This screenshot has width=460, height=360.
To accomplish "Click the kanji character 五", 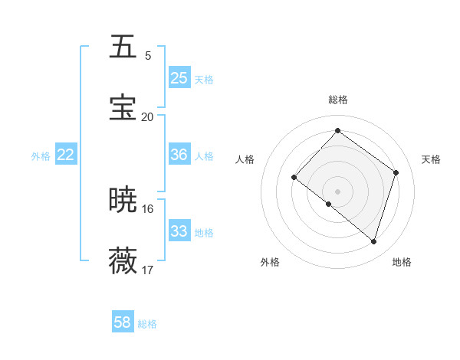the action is pyautogui.click(x=124, y=47).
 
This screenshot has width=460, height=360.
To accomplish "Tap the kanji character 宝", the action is pyautogui.click(x=124, y=108).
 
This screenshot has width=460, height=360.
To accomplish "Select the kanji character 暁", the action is pyautogui.click(x=124, y=201).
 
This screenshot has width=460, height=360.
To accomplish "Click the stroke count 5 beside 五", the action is pyautogui.click(x=148, y=56).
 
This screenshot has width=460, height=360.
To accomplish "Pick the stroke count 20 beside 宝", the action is pyautogui.click(x=147, y=117).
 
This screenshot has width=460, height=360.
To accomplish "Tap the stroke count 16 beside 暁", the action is pyautogui.click(x=147, y=209).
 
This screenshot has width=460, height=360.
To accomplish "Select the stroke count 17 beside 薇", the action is pyautogui.click(x=147, y=270).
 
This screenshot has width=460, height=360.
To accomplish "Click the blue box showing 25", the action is pyautogui.click(x=179, y=78).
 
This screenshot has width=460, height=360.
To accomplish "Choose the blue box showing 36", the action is pyautogui.click(x=179, y=155).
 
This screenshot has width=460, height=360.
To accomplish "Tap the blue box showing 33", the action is pyautogui.click(x=179, y=231).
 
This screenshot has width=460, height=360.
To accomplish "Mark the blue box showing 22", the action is pyautogui.click(x=66, y=155).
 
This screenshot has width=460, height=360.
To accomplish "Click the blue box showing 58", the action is pyautogui.click(x=123, y=323).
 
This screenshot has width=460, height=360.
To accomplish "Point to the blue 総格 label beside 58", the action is pyautogui.click(x=147, y=324).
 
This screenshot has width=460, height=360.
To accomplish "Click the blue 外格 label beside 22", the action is pyautogui.click(x=41, y=155).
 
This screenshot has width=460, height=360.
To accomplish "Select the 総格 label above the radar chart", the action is pyautogui.click(x=337, y=100).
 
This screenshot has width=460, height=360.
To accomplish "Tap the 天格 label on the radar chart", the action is pyautogui.click(x=431, y=159).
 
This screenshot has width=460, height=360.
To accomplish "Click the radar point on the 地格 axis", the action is pyautogui.click(x=373, y=242).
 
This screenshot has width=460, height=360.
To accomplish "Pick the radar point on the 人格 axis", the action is pyautogui.click(x=294, y=177).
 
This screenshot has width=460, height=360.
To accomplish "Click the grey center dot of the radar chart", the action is pyautogui.click(x=337, y=191).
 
